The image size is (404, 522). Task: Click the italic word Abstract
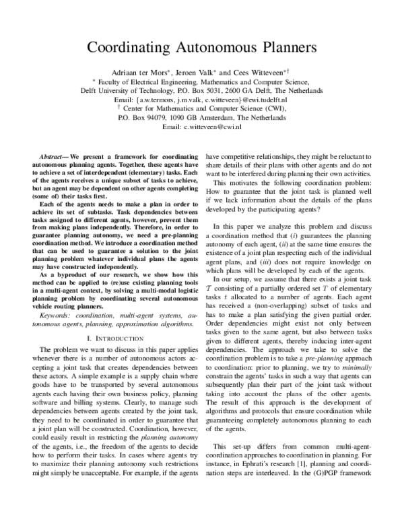pos(53,154)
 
